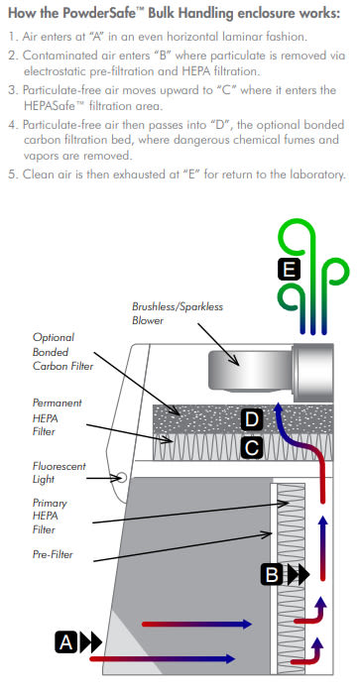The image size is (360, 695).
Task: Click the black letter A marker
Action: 66,641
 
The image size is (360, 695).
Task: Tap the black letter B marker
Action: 272,575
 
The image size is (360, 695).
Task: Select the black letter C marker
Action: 252,448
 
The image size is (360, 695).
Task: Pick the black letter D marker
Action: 252,419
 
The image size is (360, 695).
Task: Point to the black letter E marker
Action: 289,269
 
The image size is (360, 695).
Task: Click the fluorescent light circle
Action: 121,478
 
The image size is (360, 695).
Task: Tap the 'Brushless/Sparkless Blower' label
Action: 178,313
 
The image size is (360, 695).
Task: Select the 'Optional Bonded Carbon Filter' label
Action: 62,352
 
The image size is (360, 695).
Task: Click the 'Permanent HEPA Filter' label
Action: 58,417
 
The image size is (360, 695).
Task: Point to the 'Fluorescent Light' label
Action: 59,473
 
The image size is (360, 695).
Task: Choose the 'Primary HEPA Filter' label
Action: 50,516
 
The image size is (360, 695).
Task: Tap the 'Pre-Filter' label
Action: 53,554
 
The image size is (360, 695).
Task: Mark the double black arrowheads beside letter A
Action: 90,642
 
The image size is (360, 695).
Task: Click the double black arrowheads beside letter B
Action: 298,575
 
